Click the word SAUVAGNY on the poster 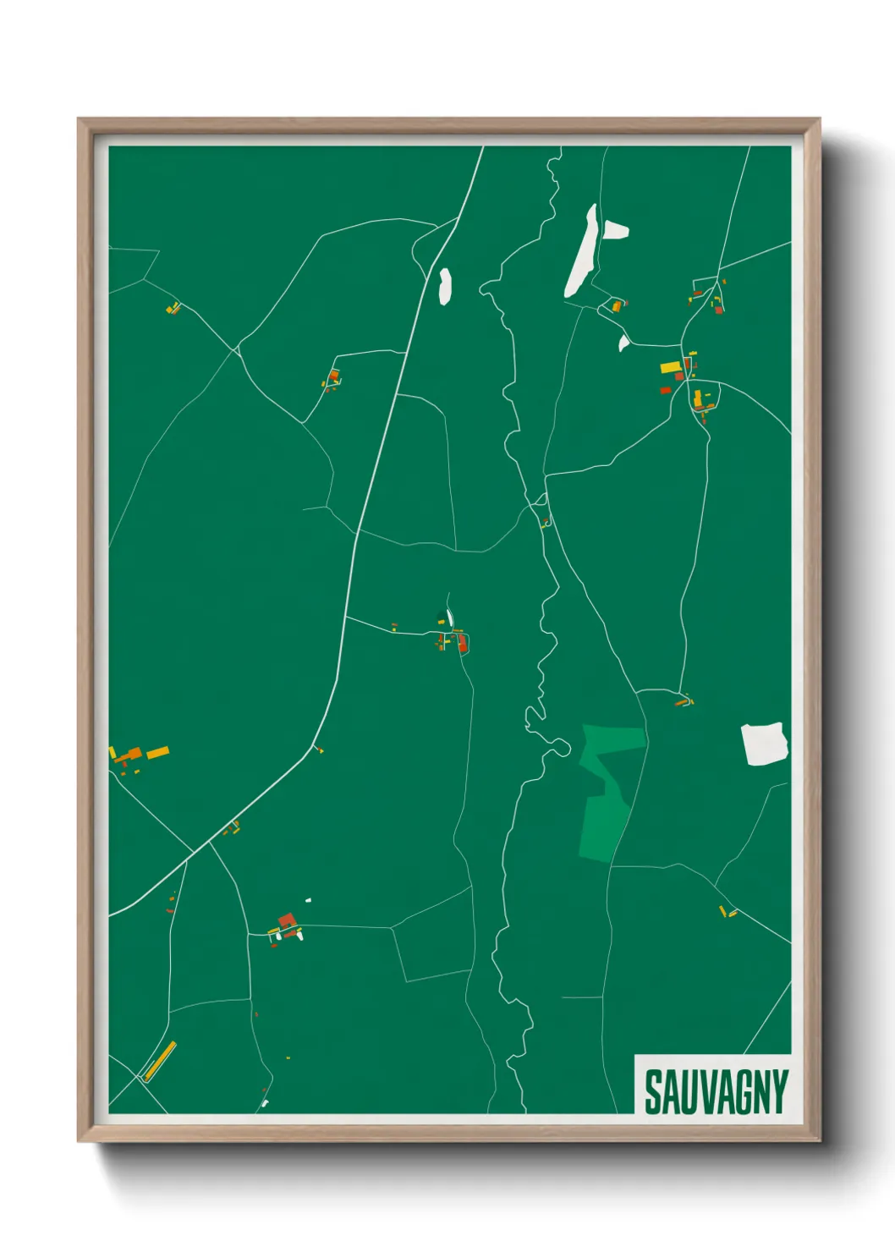pos(716,1092)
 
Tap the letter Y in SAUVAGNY pos(779,1092)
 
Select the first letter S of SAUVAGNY pos(652,1092)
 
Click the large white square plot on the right pos(765,744)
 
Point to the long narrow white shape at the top pos(581,252)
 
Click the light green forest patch pos(607,791)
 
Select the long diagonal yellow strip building pos(160,1060)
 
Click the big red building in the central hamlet pos(462,644)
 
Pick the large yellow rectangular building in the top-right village pos(671,367)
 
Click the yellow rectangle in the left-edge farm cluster pos(158,752)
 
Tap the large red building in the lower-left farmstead pos(287,920)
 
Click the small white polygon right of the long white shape pos(615,229)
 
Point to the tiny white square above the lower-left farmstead pos(309,900)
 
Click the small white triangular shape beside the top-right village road pos(623,343)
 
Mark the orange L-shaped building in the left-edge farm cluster pos(131,754)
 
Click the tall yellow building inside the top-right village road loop pos(698,398)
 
